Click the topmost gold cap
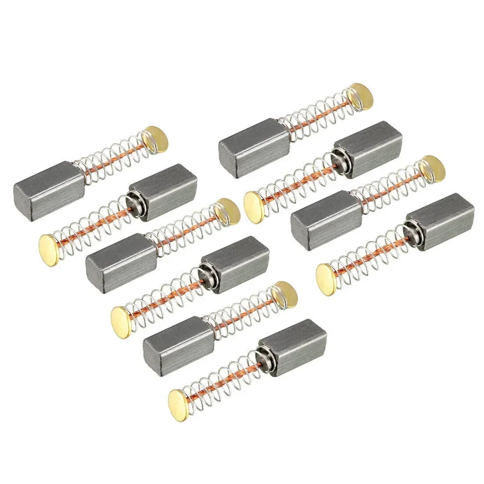click(x=361, y=96)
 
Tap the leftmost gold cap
click(x=49, y=245)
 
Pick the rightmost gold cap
click(x=431, y=168)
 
